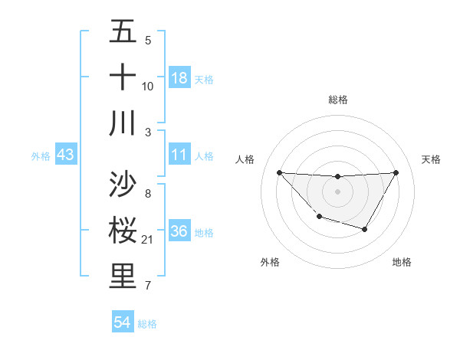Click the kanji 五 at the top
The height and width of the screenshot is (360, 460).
(123, 32)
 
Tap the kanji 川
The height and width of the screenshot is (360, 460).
(123, 123)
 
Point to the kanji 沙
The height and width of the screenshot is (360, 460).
(123, 185)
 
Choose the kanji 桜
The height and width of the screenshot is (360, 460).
(123, 231)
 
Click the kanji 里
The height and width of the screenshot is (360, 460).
(123, 277)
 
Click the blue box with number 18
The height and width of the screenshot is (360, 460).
(179, 78)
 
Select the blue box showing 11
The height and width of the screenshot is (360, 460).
(179, 155)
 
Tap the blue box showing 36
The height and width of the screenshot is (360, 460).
(179, 231)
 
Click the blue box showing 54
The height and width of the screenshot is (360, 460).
(123, 323)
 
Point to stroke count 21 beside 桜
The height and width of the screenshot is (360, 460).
(149, 240)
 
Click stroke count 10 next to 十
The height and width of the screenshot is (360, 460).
(148, 87)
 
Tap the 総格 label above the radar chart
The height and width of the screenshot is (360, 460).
(338, 100)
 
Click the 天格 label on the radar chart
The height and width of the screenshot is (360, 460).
(432, 159)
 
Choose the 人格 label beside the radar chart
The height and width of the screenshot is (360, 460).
(245, 159)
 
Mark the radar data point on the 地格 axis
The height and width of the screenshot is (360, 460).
(365, 229)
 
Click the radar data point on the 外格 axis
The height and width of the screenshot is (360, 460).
(319, 218)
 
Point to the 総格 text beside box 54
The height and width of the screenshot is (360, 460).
(147, 324)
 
